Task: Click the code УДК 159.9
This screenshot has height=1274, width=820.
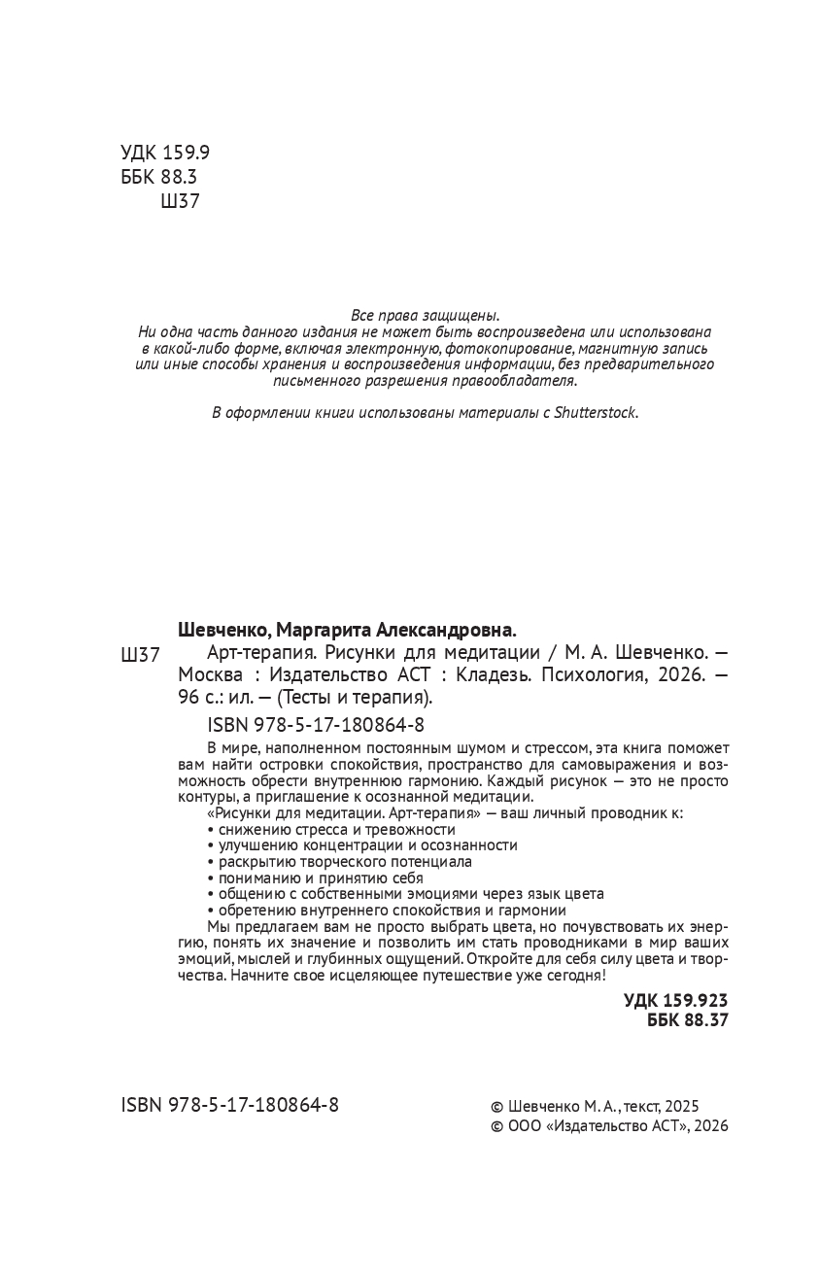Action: coord(165,153)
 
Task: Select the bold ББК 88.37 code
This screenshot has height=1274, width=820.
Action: coord(686,1019)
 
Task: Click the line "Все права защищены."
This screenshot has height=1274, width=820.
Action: coord(425,315)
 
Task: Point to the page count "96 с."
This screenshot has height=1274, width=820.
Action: coord(199,699)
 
